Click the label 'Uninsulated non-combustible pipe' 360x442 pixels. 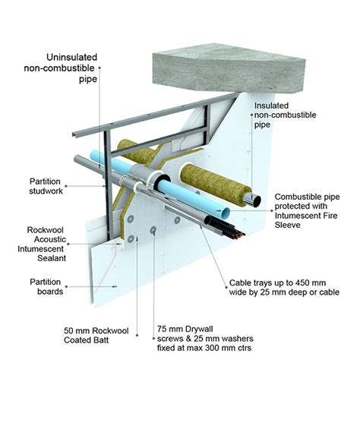click(65, 68)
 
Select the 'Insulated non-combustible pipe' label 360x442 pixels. click(281, 113)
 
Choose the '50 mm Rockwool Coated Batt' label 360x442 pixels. click(94, 335)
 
